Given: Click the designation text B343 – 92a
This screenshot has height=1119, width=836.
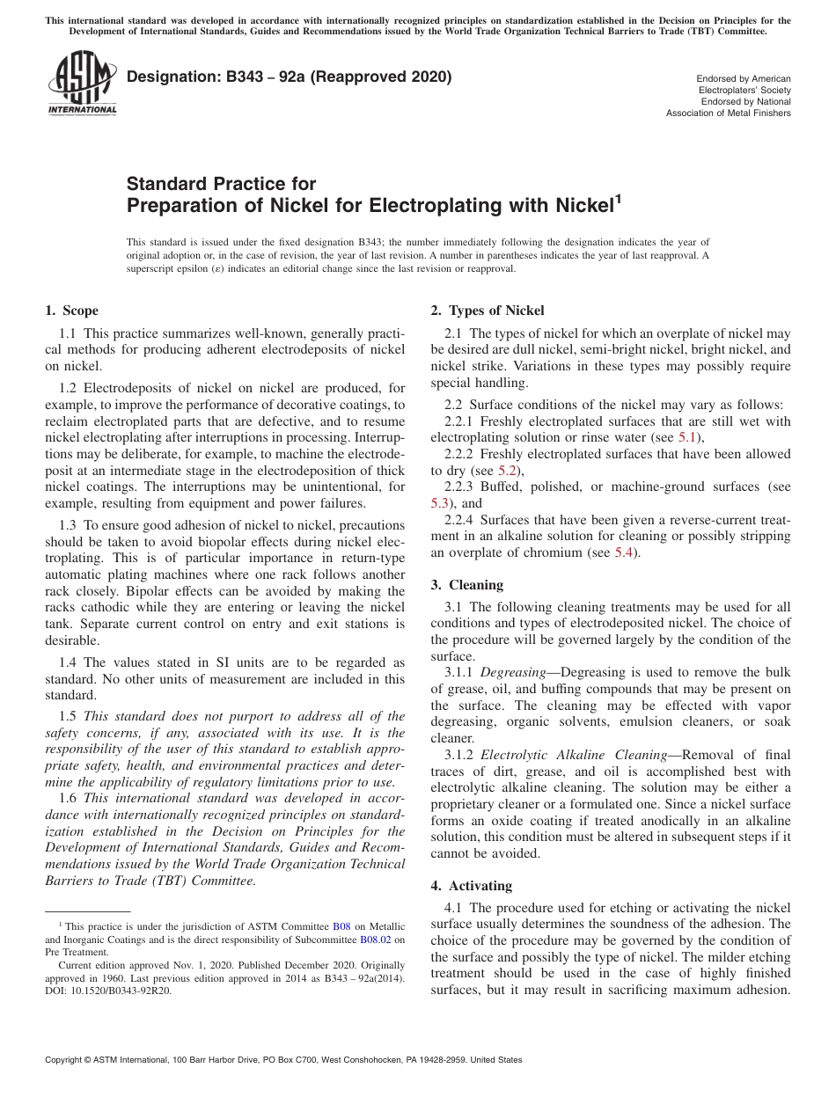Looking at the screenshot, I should coord(290,77).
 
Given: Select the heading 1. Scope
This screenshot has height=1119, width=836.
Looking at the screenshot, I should coord(71,311).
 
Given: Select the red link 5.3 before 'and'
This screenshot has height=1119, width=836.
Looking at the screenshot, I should coord(440,503).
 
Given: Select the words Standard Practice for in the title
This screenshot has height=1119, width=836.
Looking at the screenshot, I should coord(221,184).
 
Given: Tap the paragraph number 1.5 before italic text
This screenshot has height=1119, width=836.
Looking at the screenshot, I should coord(68,715).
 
